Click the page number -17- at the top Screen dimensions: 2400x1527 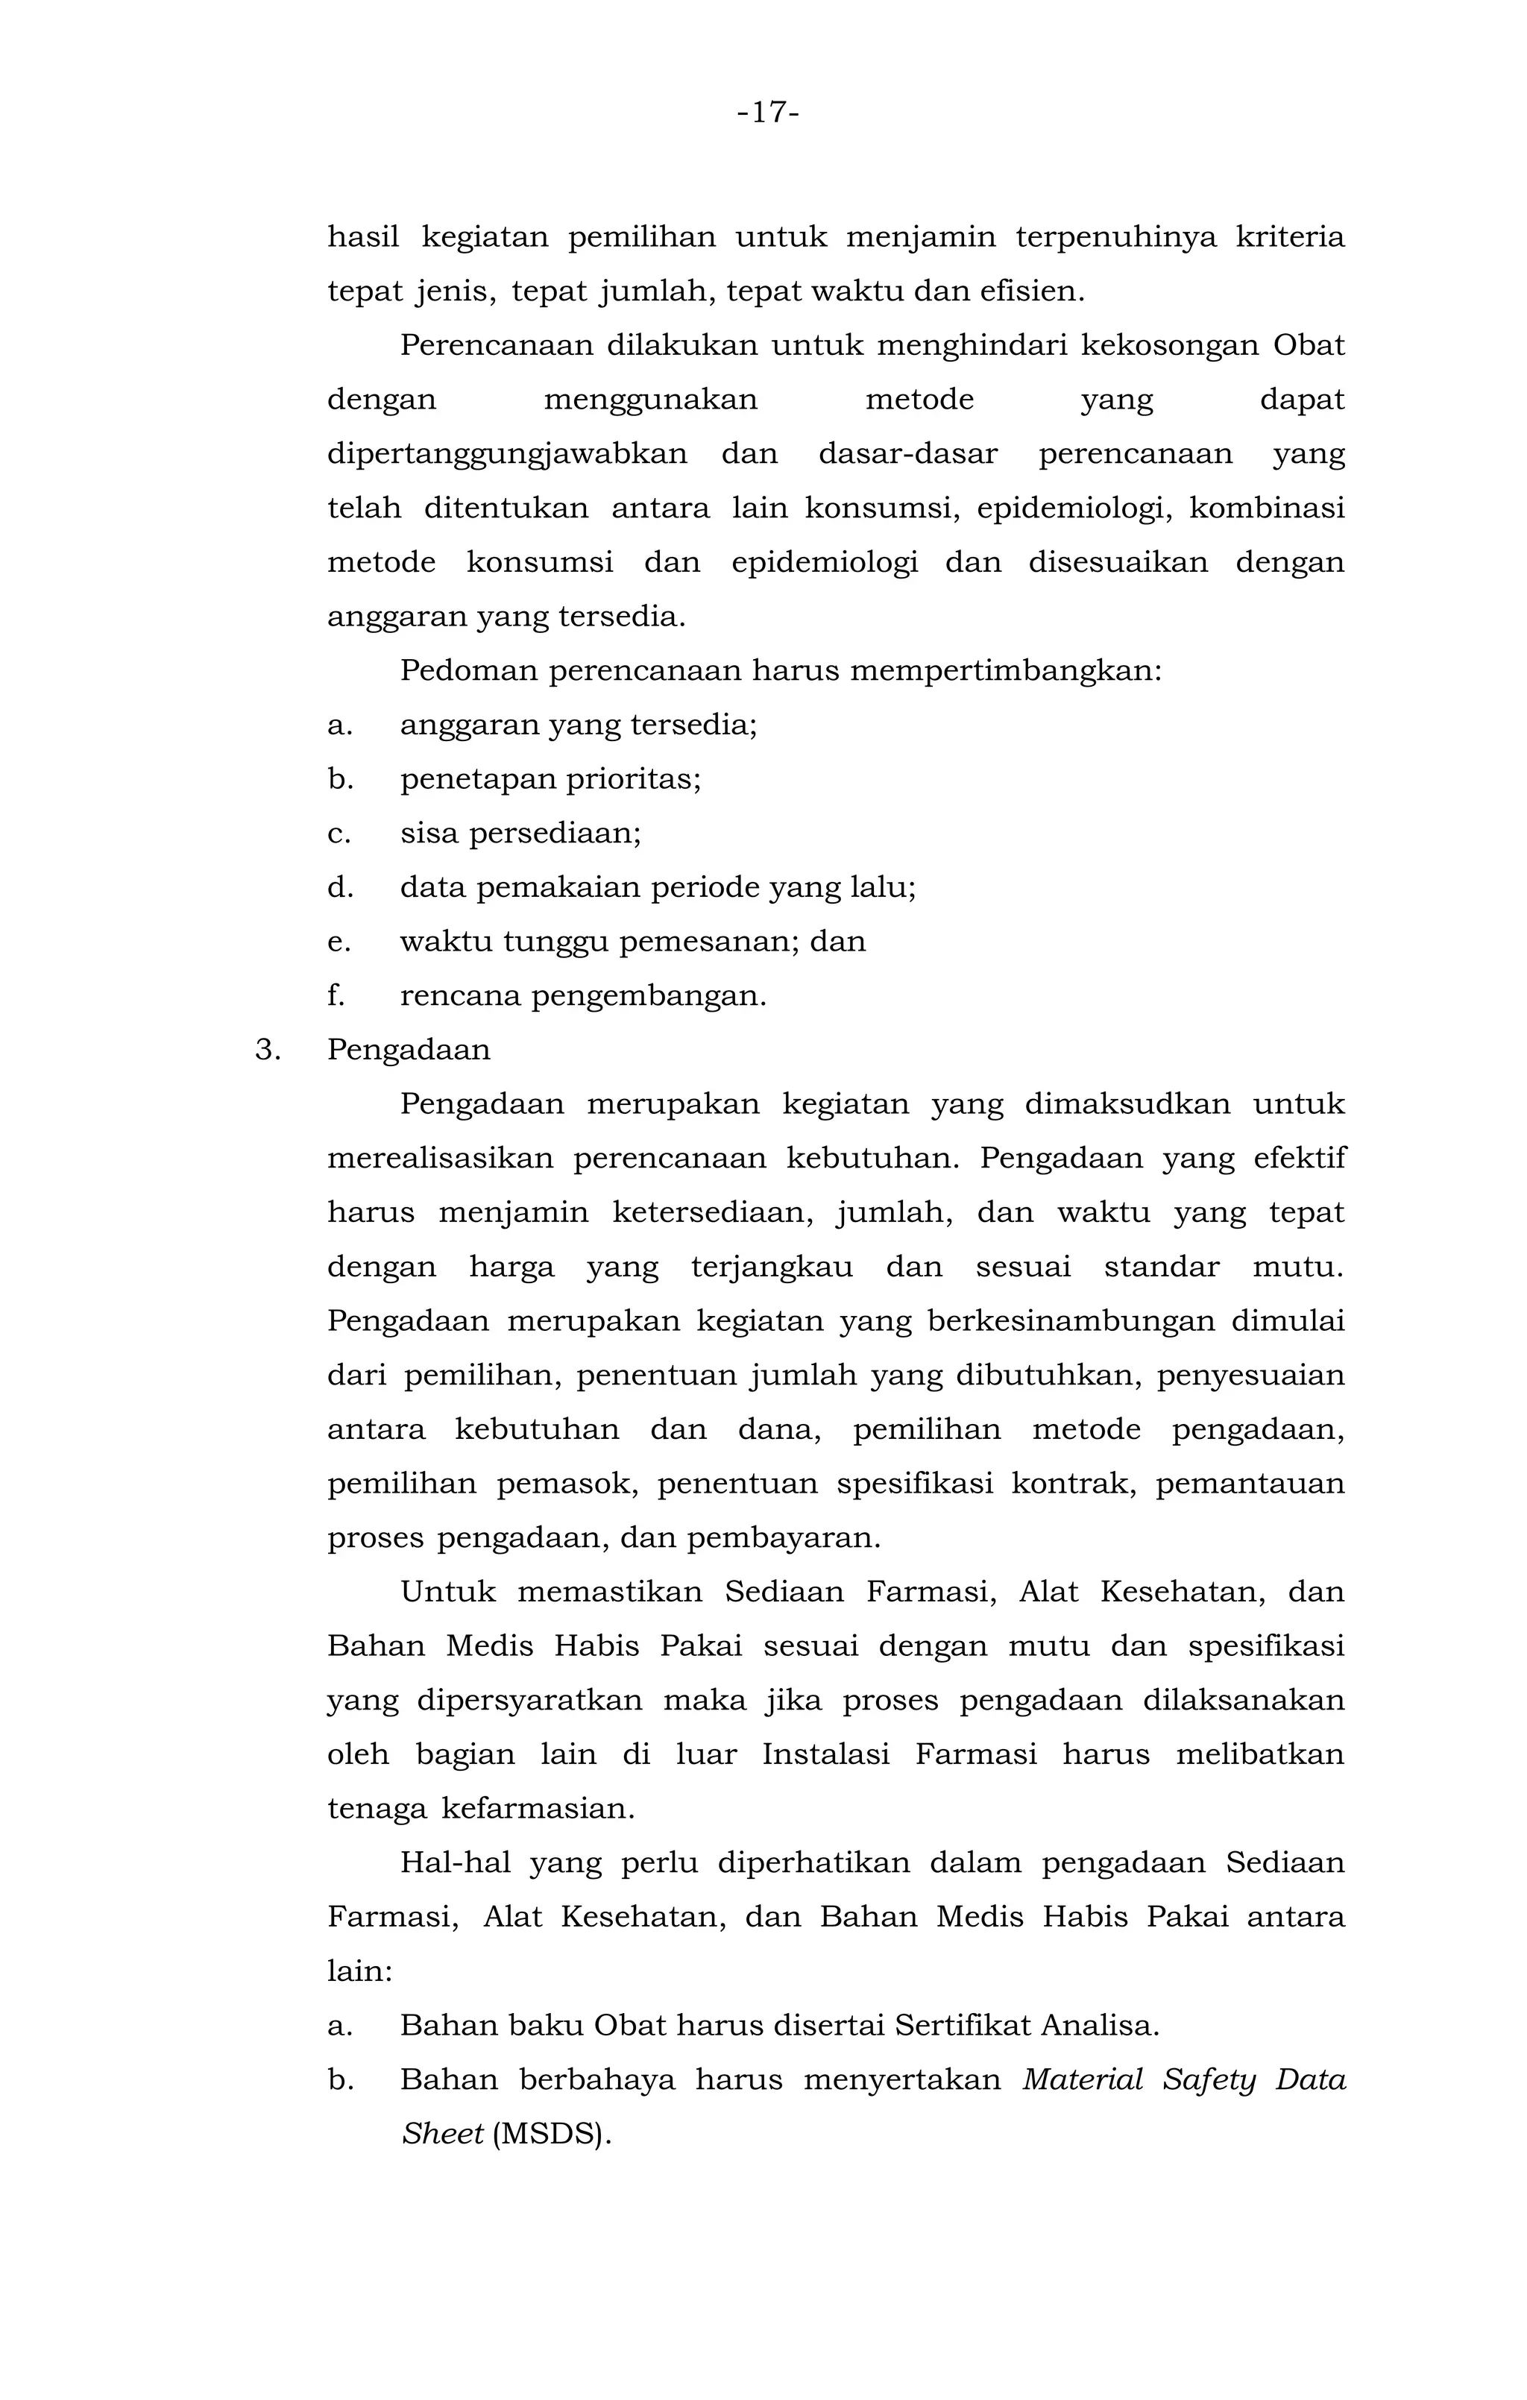pos(767,113)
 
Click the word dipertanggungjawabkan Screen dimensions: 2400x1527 pos(506,455)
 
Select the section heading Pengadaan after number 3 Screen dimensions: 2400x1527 pos(409,1051)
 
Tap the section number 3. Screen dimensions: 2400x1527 pos(266,1051)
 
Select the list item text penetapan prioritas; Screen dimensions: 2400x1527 pos(550,779)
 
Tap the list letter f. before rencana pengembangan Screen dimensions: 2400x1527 pos(336,995)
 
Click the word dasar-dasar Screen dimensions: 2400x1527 pos(907,455)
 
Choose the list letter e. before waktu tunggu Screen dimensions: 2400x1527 pos(339,942)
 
